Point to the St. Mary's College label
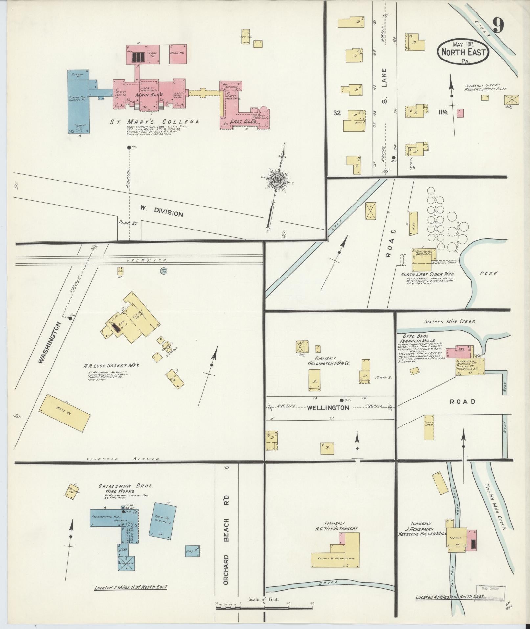click(x=154, y=121)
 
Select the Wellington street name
click(x=328, y=408)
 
